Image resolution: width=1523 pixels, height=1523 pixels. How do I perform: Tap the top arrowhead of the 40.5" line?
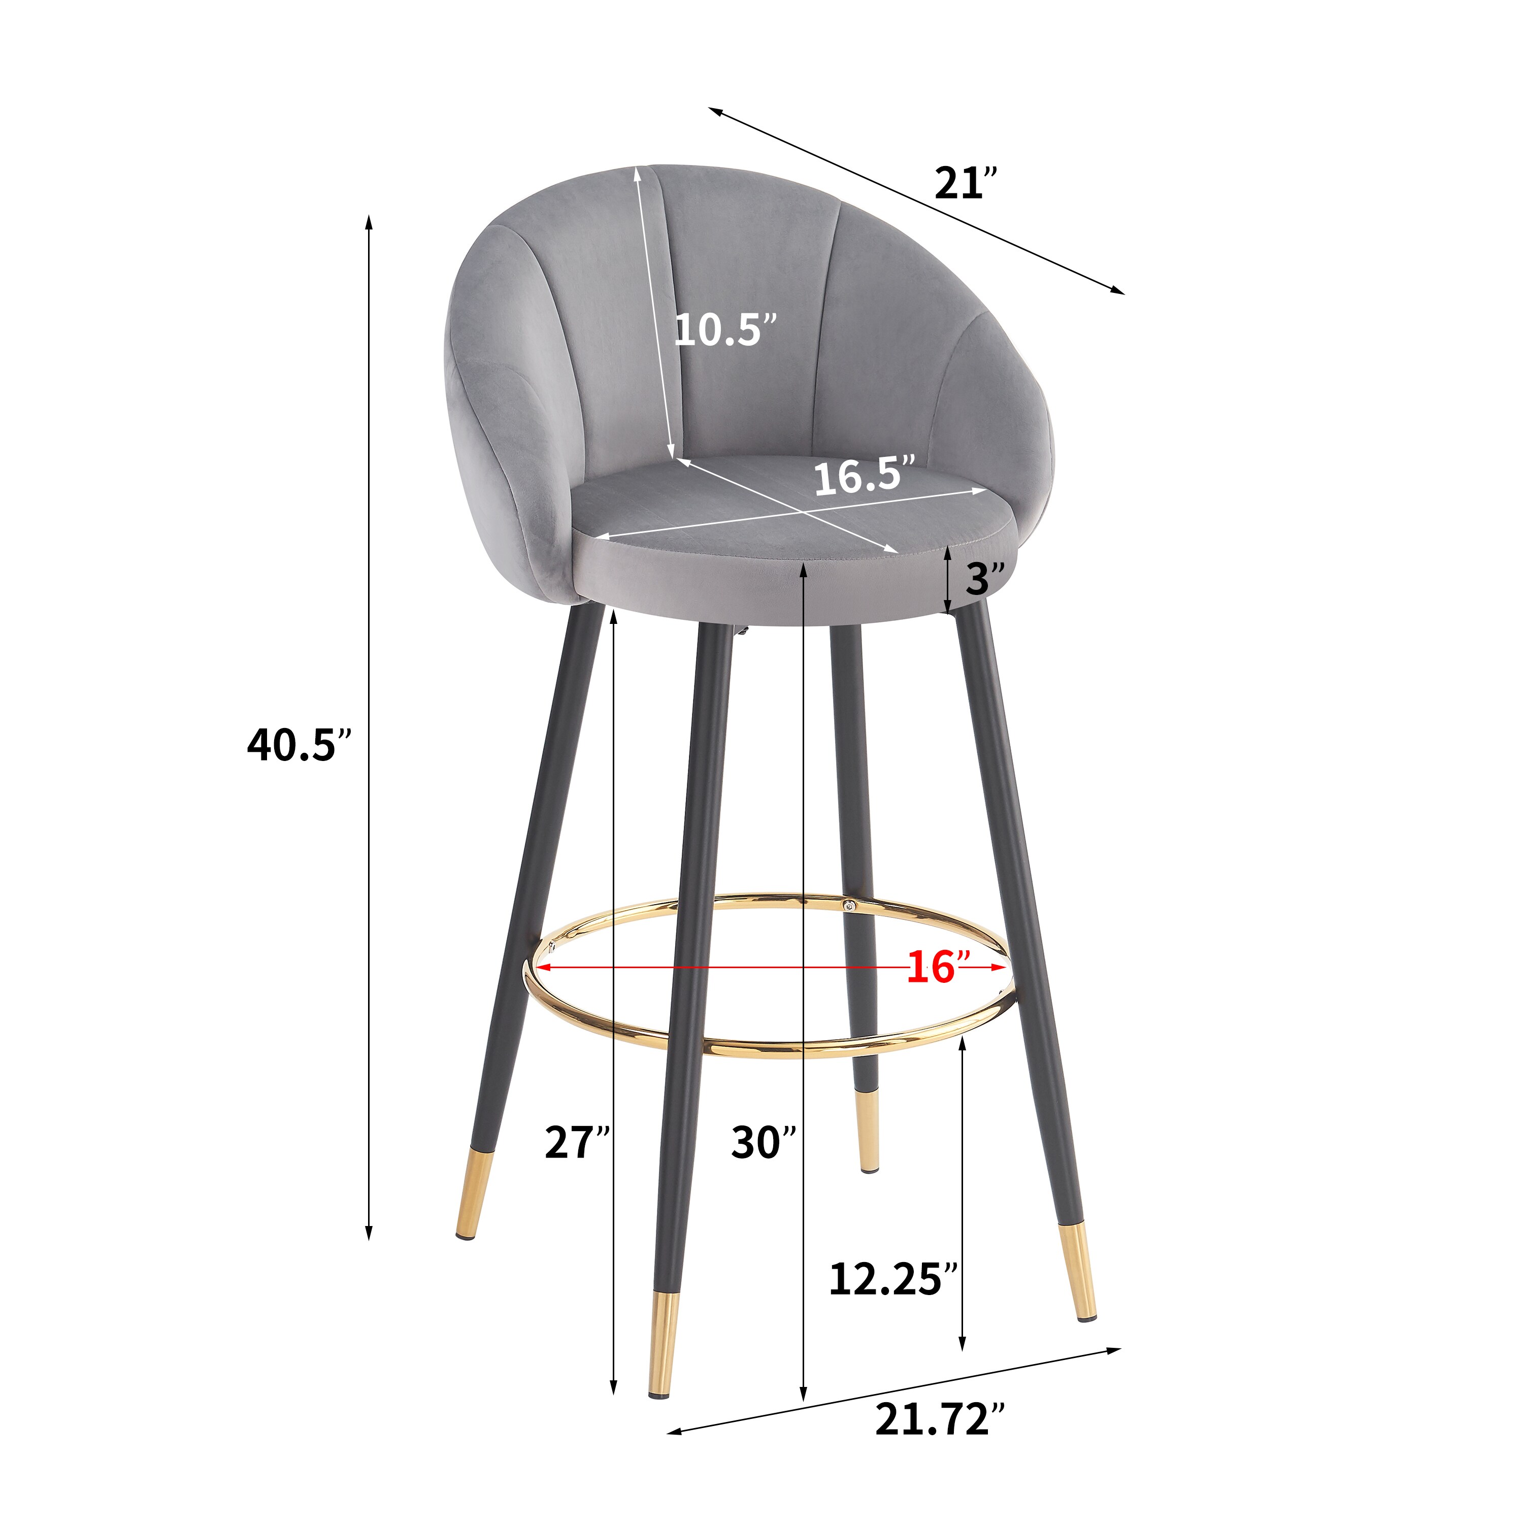coord(368,221)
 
